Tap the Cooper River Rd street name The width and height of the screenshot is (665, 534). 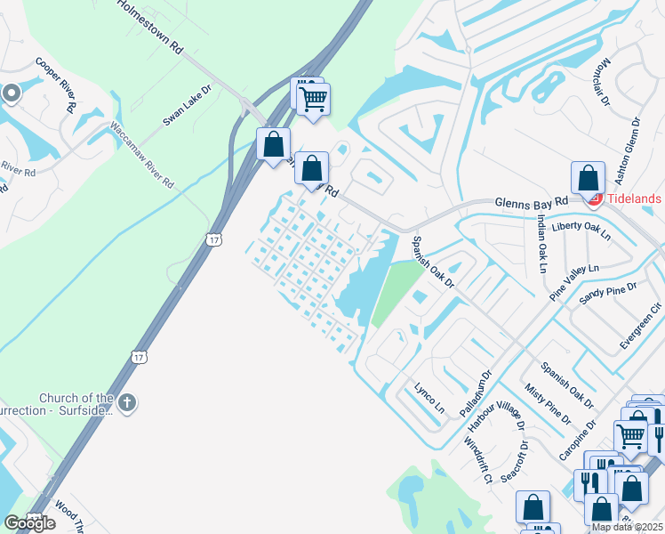click(x=55, y=85)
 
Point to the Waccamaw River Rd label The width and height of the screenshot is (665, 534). click(x=142, y=152)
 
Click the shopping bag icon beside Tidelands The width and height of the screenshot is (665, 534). click(x=588, y=179)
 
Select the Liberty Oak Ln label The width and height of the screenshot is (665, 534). click(x=581, y=231)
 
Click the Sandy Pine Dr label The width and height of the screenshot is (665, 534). click(x=608, y=294)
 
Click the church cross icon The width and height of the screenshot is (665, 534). click(x=127, y=402)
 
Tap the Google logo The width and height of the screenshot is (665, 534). click(x=28, y=523)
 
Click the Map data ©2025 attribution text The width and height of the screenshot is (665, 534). click(x=626, y=527)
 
